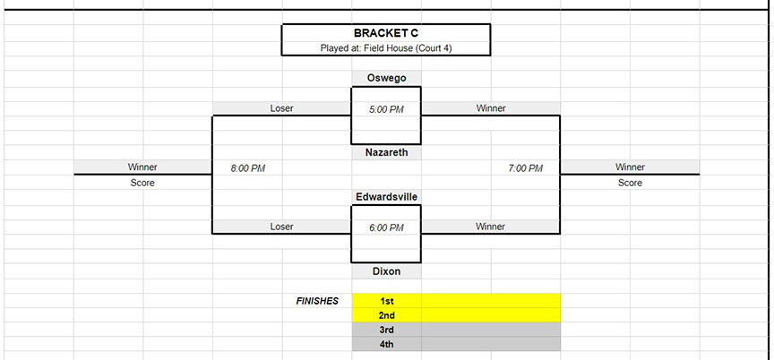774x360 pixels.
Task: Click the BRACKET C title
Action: click(x=386, y=33)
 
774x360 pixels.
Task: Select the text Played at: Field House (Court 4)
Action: click(x=386, y=48)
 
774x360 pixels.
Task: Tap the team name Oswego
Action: click(x=386, y=78)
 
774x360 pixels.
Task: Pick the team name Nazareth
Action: click(x=386, y=152)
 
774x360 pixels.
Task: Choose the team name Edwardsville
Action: click(x=386, y=197)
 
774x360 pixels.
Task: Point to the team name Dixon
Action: click(x=386, y=270)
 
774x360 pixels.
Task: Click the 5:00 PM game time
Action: click(x=386, y=109)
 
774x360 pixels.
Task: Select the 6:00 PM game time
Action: click(x=386, y=227)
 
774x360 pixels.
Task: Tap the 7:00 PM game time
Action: click(x=525, y=168)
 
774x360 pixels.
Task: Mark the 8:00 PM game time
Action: click(x=248, y=168)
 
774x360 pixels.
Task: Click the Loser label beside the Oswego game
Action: click(x=282, y=108)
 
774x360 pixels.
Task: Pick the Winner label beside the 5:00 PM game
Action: click(x=491, y=108)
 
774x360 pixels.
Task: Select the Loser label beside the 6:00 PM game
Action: click(x=282, y=227)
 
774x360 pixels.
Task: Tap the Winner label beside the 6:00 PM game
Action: click(x=491, y=227)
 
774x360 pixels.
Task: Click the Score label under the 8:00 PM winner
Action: click(x=142, y=183)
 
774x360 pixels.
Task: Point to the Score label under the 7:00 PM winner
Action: click(x=630, y=183)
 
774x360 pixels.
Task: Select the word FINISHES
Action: click(x=317, y=301)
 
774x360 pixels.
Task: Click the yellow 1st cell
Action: click(x=456, y=300)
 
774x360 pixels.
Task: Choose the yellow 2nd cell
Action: click(x=456, y=315)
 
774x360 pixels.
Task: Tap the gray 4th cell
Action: click(x=456, y=344)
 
